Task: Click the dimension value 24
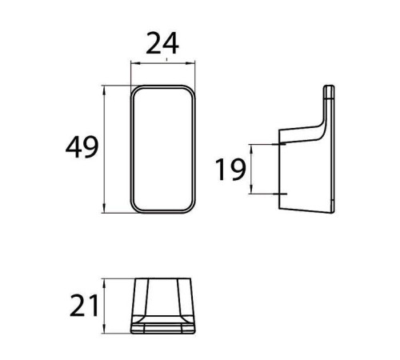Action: coord(162,43)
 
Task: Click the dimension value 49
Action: coord(82,147)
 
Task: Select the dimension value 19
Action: coord(230,170)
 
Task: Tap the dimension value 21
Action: coord(84,306)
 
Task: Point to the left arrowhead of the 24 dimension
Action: coord(134,63)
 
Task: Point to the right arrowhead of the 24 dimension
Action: coord(191,63)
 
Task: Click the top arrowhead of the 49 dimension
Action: coord(104,90)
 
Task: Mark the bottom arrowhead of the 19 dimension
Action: coord(251,190)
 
